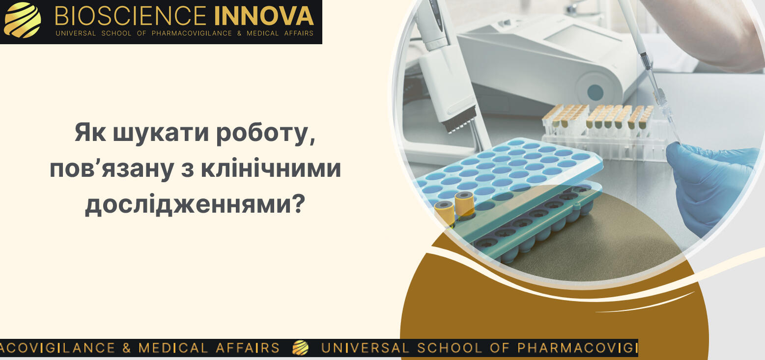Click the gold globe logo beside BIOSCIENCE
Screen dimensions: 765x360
[x=22, y=20]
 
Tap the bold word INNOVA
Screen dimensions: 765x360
[x=264, y=16]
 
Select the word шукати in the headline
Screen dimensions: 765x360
[x=161, y=133]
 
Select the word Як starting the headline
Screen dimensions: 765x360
[x=90, y=133]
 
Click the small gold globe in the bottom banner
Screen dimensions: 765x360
[x=301, y=348]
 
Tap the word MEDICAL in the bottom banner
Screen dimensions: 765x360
[x=173, y=348]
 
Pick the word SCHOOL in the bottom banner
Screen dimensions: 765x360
[x=450, y=348]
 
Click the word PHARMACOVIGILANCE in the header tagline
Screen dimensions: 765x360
[x=192, y=33]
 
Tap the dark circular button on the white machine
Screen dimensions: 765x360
[x=595, y=92]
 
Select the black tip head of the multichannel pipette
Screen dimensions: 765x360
[x=460, y=119]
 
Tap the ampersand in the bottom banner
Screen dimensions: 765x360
[x=126, y=348]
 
